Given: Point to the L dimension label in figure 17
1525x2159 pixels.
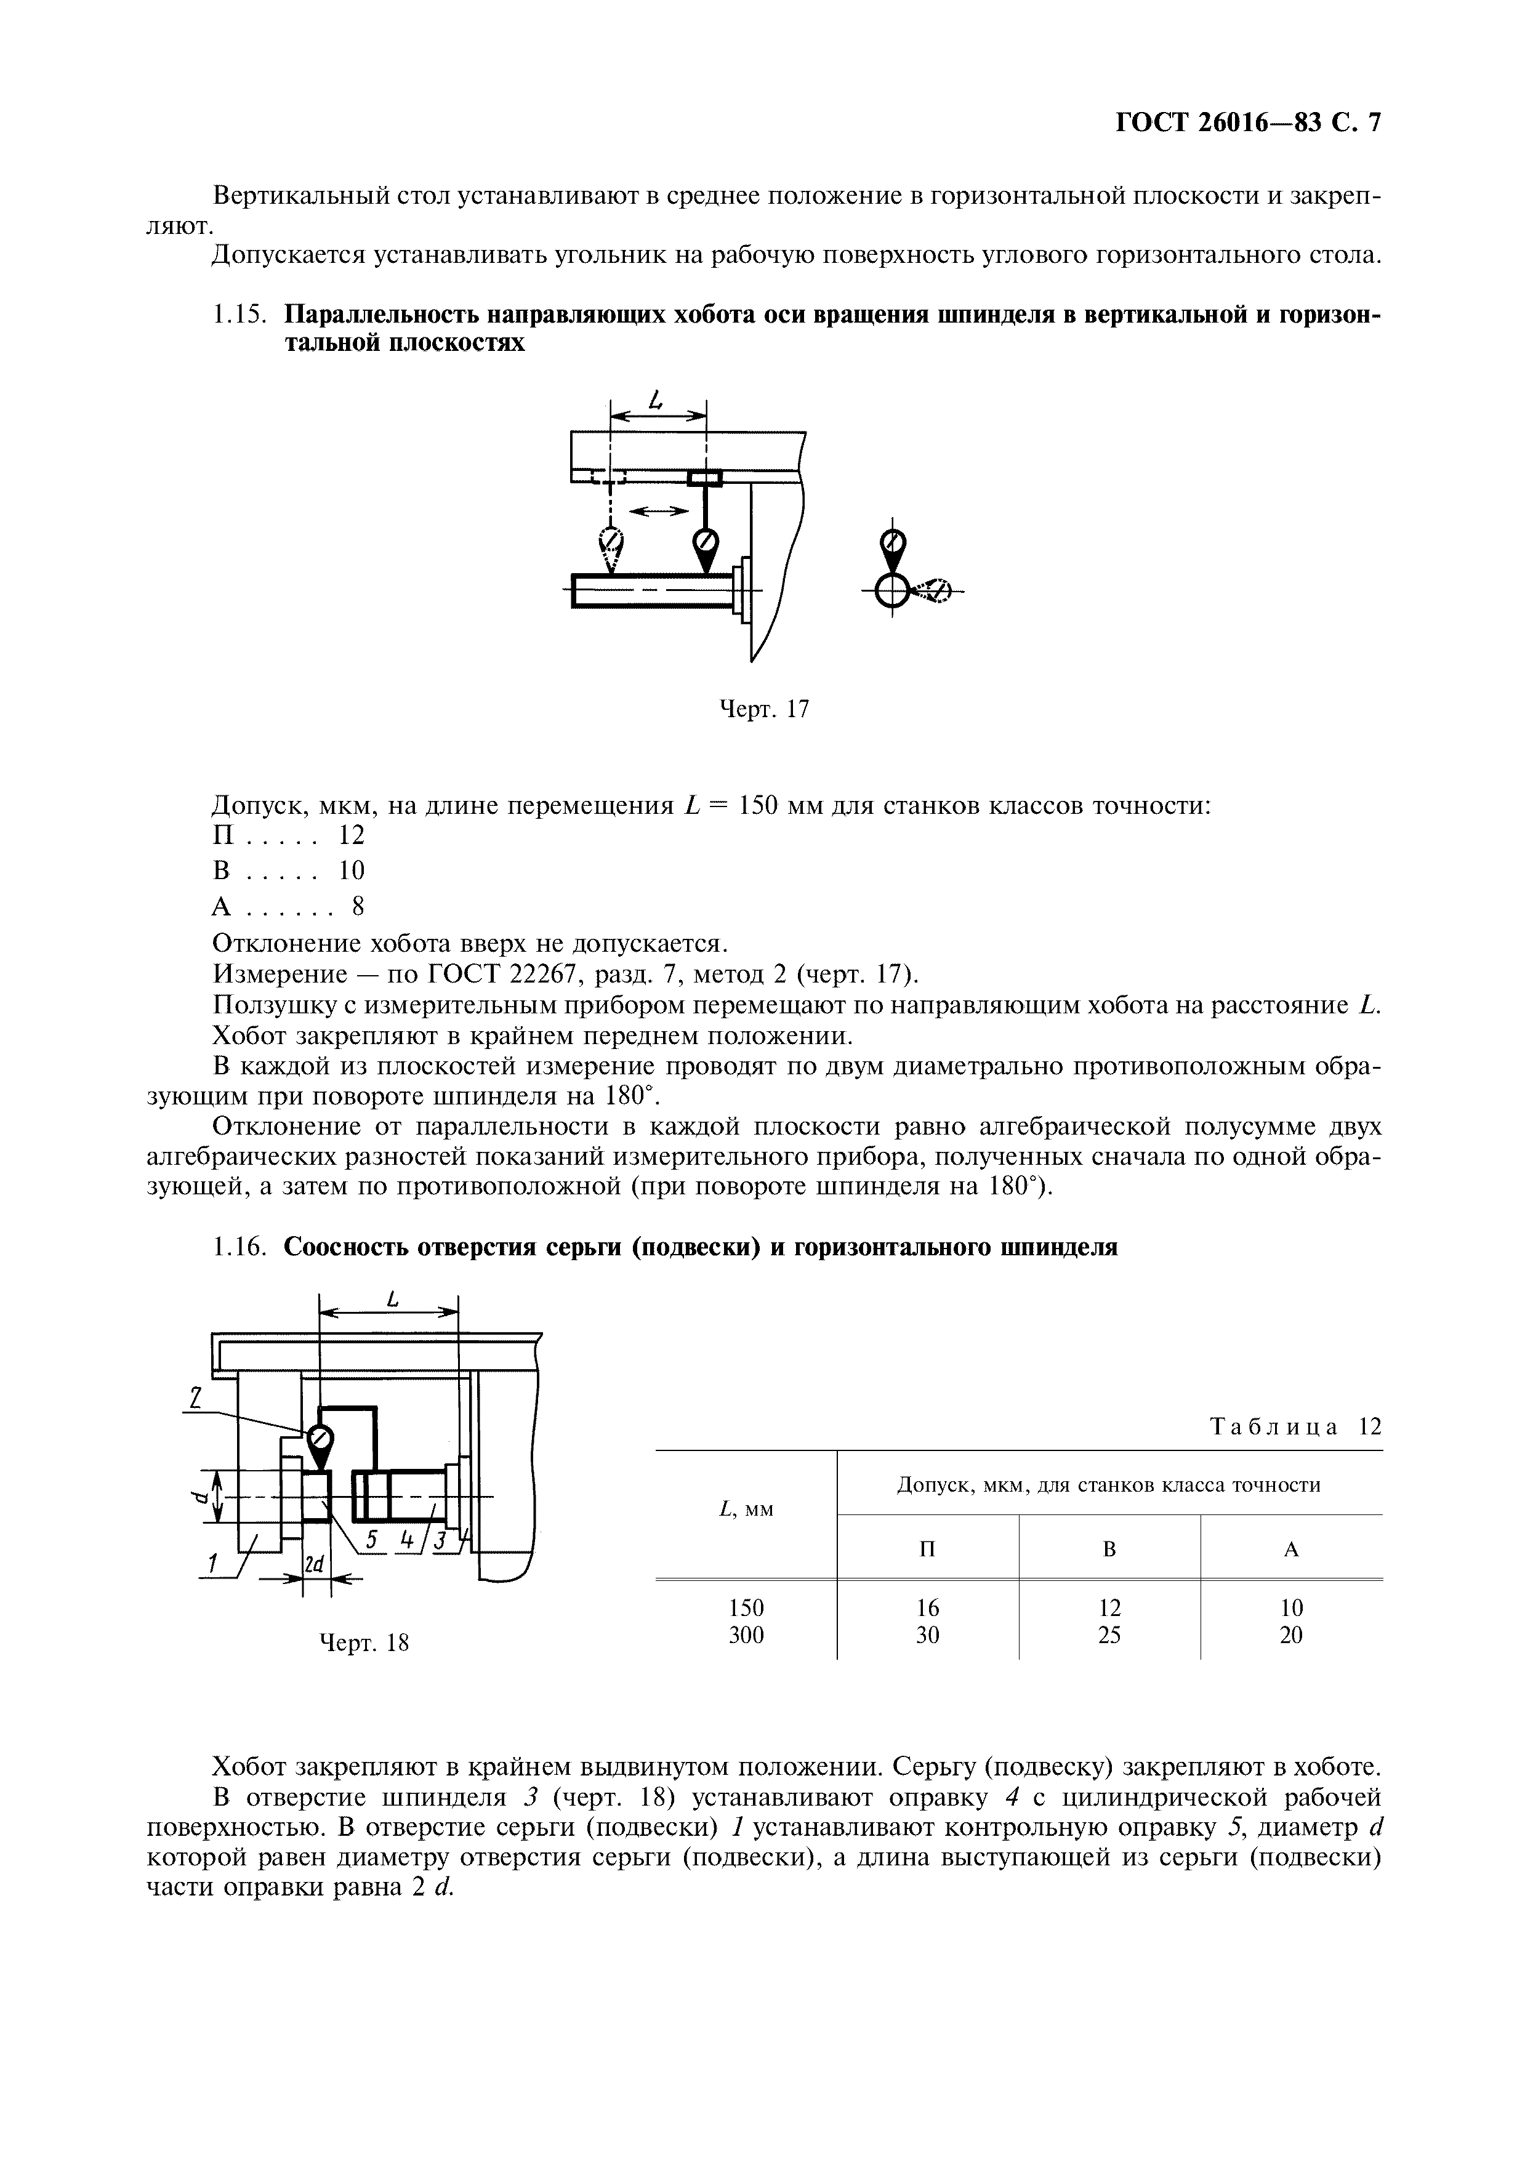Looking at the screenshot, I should tap(656, 401).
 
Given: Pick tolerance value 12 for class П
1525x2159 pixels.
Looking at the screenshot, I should tap(351, 834).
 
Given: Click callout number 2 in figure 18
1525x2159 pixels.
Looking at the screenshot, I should tap(194, 1400).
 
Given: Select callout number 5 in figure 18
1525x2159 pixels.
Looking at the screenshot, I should tap(371, 1538).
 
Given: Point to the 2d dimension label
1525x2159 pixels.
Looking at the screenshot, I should tap(314, 1565).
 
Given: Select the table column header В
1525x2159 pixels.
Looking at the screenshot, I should tap(1109, 1549).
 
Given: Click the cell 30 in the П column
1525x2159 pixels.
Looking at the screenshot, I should tap(927, 1635).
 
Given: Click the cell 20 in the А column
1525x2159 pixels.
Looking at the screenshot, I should tap(1291, 1635).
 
